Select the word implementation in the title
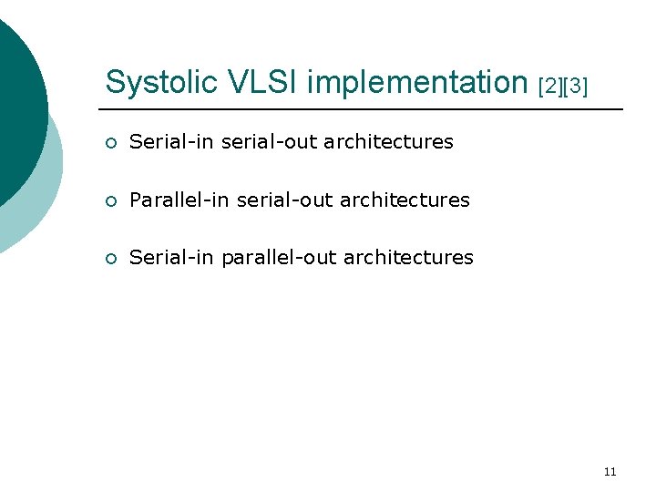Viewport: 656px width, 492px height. pyautogui.click(x=418, y=83)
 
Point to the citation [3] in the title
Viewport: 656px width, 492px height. pyautogui.click(x=576, y=87)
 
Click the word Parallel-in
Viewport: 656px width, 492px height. pyautogui.click(x=179, y=200)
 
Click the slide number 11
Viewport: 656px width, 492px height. pyautogui.click(x=610, y=471)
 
